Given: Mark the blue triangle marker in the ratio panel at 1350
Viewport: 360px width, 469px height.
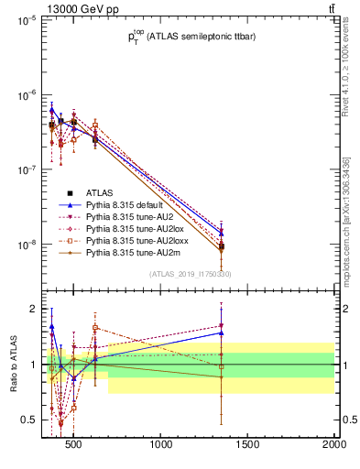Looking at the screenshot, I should click(221, 333).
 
